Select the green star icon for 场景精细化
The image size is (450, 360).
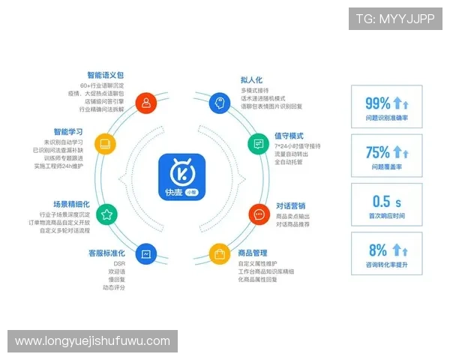coord(106,214)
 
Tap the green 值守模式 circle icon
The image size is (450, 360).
coord(256,142)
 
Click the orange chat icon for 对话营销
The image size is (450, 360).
coord(259,214)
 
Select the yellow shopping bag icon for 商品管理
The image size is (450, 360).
coord(219,255)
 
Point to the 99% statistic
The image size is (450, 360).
coord(377,104)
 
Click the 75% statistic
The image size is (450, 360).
coord(377,152)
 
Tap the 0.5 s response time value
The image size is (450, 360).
coord(387,201)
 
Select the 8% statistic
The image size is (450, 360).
coord(378,250)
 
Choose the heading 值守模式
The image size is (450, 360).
coord(289,136)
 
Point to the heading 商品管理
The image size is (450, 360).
coord(253,253)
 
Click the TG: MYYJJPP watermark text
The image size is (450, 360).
coord(395,19)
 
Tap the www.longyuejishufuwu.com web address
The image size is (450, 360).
coord(93,341)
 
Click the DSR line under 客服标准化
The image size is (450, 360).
coord(118,264)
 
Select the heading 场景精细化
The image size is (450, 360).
coord(71,203)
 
